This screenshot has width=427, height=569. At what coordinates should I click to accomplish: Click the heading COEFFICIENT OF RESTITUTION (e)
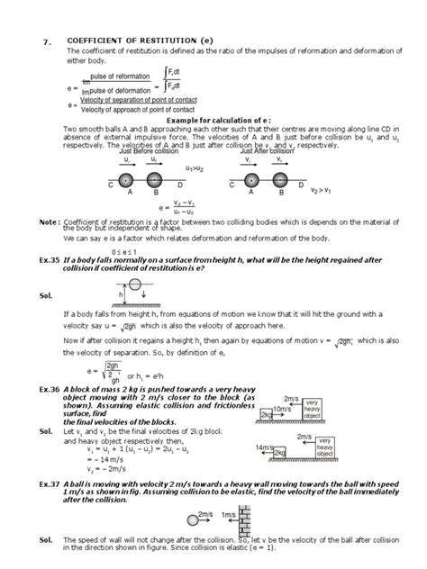pyautogui.click(x=141, y=40)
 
